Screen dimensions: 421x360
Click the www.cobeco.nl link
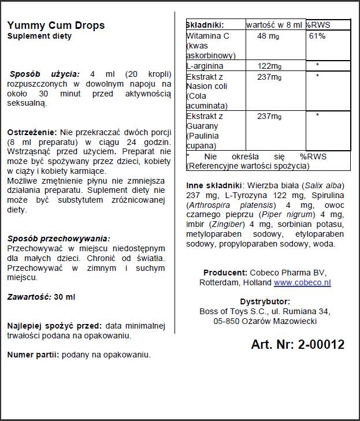(x=302, y=283)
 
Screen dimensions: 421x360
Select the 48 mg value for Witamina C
(x=269, y=36)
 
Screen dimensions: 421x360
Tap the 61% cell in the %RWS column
(x=317, y=36)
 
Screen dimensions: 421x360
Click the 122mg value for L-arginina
(x=269, y=66)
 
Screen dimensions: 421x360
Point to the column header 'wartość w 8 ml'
(x=274, y=25)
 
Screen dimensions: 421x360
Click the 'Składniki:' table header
(x=205, y=25)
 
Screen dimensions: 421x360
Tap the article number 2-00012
(x=321, y=345)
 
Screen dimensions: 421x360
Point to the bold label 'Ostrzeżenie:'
(x=32, y=132)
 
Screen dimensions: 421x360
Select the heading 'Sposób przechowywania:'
(x=58, y=239)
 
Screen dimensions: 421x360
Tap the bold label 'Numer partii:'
(x=32, y=355)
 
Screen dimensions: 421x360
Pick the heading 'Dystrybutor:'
(x=265, y=301)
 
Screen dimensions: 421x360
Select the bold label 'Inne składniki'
(x=214, y=185)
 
